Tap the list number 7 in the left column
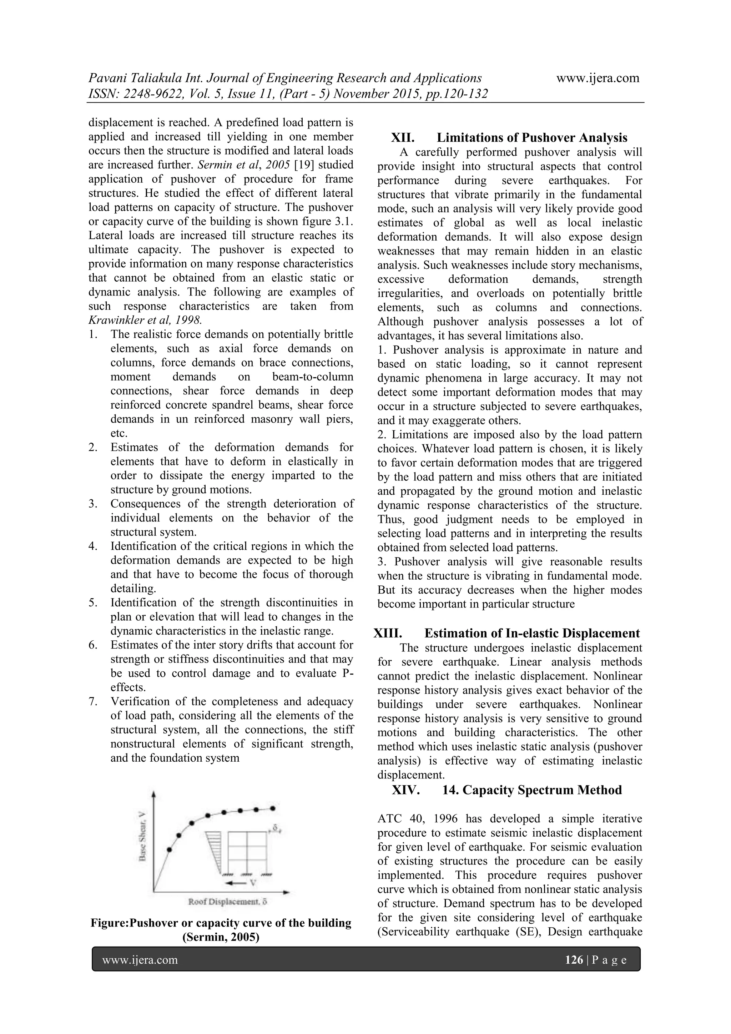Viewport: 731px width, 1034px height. pos(93,702)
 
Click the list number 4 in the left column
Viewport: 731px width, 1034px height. pos(93,546)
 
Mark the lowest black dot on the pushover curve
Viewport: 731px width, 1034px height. pos(169,850)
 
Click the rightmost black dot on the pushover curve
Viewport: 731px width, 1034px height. pos(272,808)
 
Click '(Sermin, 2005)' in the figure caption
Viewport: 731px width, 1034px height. pos(221,938)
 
